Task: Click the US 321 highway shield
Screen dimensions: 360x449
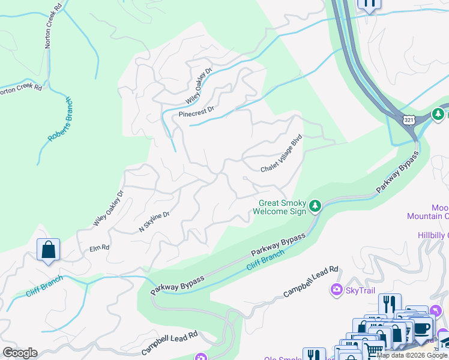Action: (x=409, y=119)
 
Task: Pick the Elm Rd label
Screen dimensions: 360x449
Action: (x=99, y=247)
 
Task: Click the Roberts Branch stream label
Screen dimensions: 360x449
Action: (x=60, y=119)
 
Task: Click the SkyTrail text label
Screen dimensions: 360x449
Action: (x=360, y=290)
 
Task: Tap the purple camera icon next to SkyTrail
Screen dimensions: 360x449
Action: (x=336, y=290)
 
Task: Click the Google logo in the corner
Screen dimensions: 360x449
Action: (x=19, y=353)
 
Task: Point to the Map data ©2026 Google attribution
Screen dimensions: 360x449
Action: (x=412, y=355)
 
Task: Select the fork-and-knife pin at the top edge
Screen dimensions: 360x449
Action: (x=369, y=4)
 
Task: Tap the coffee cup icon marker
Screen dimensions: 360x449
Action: (x=422, y=328)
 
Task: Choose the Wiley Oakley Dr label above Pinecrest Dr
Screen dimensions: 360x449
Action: (x=199, y=85)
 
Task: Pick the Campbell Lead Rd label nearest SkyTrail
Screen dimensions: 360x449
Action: (x=312, y=282)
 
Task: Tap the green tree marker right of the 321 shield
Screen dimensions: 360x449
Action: (x=439, y=113)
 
